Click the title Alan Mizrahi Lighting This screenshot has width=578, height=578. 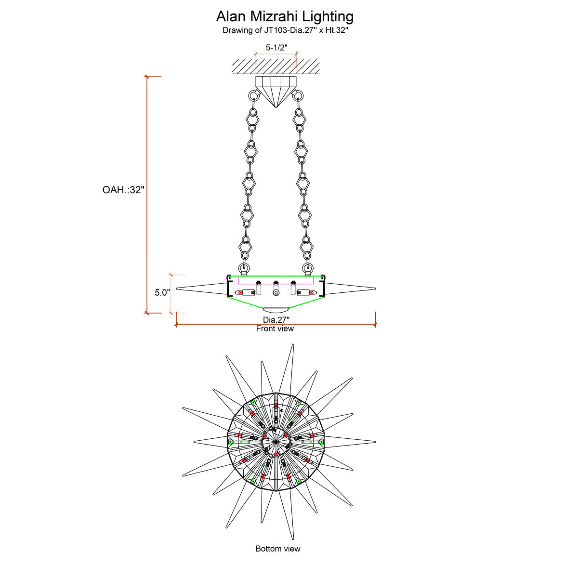285,16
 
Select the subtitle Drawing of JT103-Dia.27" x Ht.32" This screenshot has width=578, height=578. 285,30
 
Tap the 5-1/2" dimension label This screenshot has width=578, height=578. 276,47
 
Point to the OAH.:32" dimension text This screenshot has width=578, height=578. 123,190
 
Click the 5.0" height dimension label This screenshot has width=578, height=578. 162,292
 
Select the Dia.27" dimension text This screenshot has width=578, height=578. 276,320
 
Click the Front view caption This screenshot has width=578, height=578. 275,329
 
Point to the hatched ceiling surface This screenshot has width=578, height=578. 276,66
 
